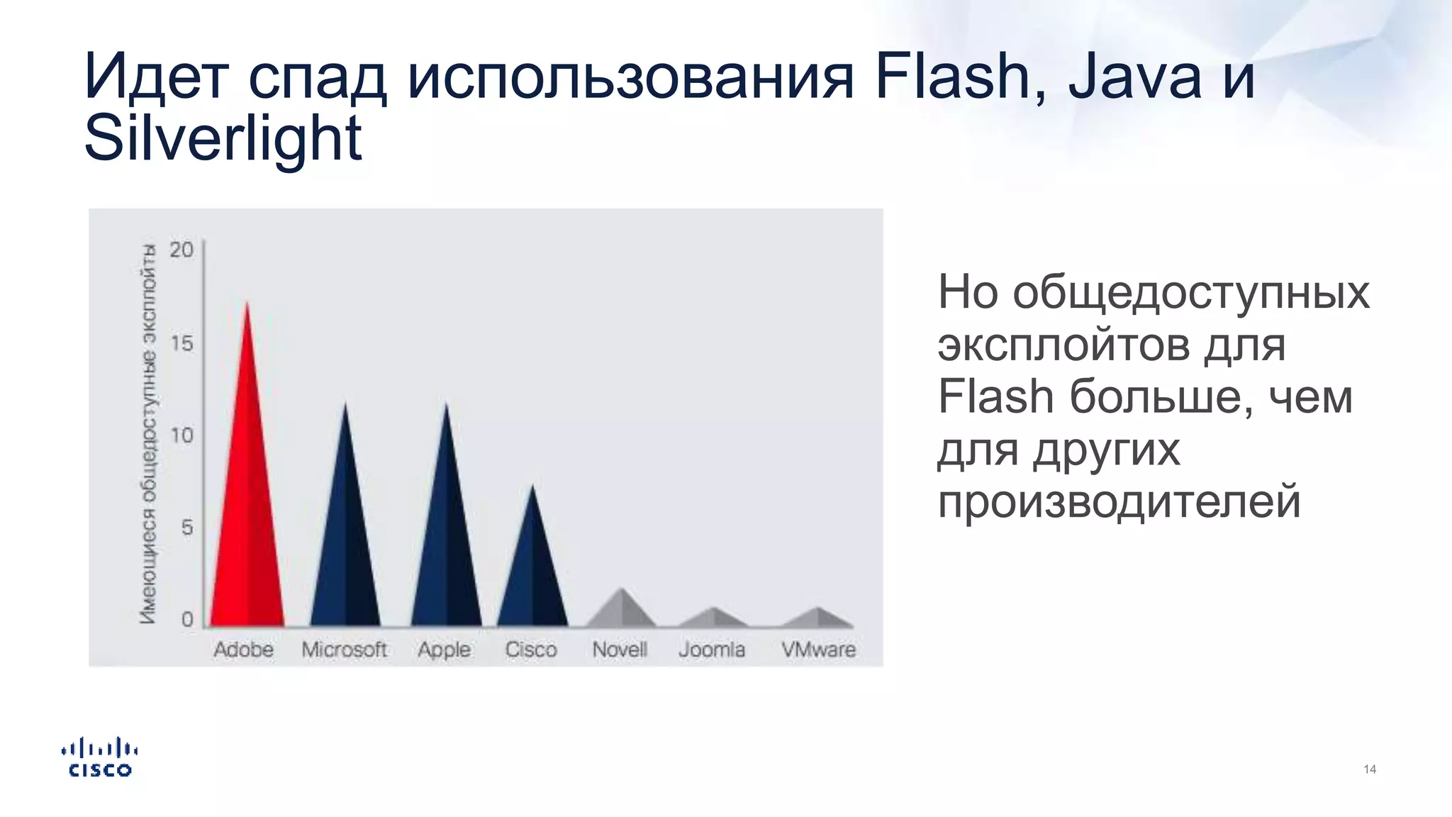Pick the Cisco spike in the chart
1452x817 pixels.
pos(532,574)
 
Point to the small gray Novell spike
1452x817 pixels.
pos(621,611)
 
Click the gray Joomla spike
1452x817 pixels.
pos(713,618)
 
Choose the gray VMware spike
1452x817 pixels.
pos(818,618)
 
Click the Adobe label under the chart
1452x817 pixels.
pos(243,649)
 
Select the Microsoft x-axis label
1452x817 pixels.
pos(344,649)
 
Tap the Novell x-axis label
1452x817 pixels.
pos(620,649)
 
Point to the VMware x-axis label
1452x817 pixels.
pos(818,649)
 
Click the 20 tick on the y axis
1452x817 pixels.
pos(181,250)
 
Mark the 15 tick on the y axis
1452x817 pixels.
pos(181,343)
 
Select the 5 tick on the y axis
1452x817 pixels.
pos(187,528)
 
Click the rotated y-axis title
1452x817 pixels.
pos(148,434)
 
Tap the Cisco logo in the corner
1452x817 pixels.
pos(100,757)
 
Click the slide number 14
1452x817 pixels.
pos(1370,769)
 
